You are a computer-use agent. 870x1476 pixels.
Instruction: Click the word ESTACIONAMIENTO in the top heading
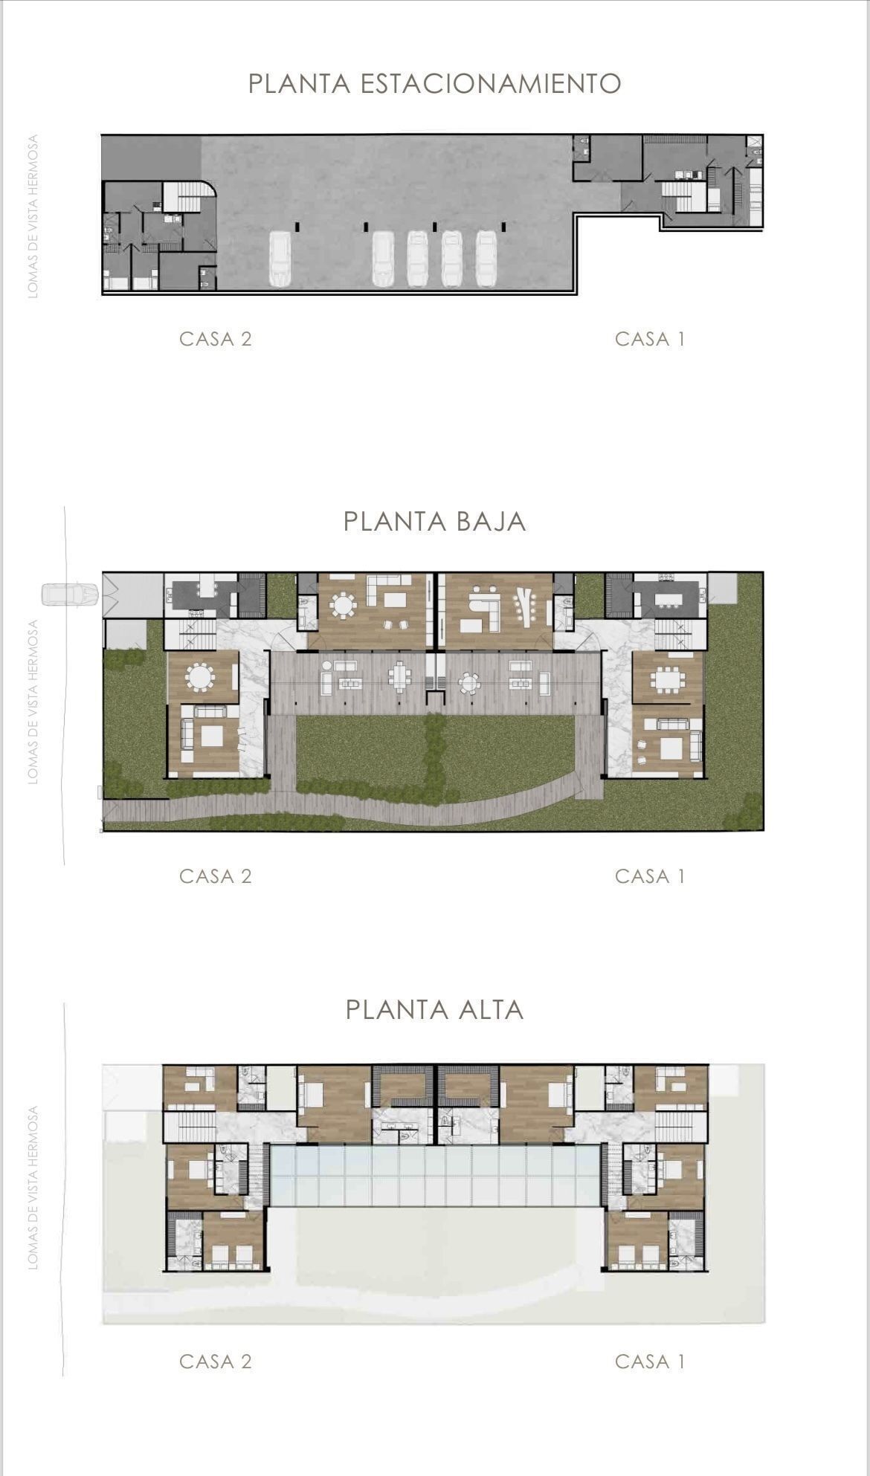click(x=491, y=83)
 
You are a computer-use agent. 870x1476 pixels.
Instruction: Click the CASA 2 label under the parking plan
click(x=216, y=339)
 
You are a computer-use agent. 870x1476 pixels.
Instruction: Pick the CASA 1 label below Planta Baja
click(x=650, y=876)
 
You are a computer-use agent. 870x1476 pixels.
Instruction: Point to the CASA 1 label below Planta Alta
click(x=650, y=1362)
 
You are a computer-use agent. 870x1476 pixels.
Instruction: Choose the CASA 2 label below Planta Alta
click(x=216, y=1362)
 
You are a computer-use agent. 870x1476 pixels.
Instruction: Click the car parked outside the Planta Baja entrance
click(x=70, y=595)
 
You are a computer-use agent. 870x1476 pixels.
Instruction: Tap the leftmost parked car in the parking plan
click(x=280, y=259)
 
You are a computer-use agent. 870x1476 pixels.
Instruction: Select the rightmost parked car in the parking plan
click(x=486, y=259)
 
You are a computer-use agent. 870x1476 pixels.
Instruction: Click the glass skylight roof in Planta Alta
click(x=435, y=1175)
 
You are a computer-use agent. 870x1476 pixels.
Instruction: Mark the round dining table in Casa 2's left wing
click(x=200, y=677)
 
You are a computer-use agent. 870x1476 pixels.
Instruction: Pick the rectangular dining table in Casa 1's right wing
click(x=667, y=679)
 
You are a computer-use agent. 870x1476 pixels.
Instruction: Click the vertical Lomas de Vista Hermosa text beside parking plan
click(x=33, y=216)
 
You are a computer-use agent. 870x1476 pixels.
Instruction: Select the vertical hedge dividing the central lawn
click(x=435, y=751)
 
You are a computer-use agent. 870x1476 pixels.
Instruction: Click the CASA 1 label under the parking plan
click(x=650, y=339)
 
